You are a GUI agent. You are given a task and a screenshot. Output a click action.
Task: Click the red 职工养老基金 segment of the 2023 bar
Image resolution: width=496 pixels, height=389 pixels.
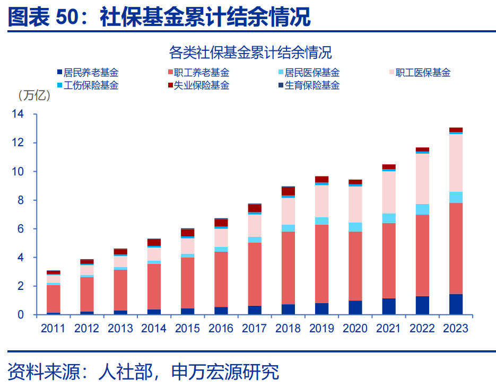[x=456, y=248]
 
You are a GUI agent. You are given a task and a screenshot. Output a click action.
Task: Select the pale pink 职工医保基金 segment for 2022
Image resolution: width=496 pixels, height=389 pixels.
[x=422, y=179]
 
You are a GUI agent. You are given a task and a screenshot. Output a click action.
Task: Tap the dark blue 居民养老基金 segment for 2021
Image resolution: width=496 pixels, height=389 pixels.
[x=389, y=306]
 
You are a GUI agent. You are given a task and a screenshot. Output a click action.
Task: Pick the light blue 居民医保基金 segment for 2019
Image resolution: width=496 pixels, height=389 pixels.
[x=321, y=220]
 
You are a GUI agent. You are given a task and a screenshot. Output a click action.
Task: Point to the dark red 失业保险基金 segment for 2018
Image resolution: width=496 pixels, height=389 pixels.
[x=288, y=191]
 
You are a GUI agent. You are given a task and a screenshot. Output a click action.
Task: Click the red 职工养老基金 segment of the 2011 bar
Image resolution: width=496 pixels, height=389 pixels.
[x=53, y=299]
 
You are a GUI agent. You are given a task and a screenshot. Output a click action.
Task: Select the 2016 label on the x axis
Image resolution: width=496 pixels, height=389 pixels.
[x=221, y=328]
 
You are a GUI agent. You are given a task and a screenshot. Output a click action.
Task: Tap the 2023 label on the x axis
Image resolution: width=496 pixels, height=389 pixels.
[x=456, y=328]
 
